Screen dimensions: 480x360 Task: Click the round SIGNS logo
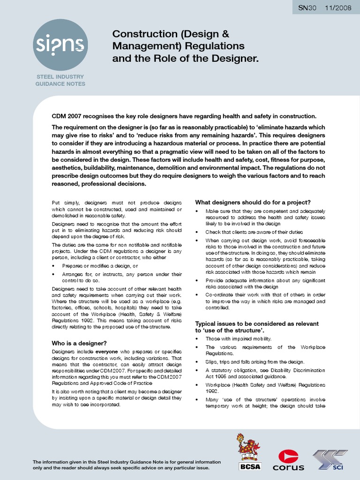coord(60,45)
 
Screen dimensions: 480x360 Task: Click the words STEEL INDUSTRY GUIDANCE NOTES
coord(60,80)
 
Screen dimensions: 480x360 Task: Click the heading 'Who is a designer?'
coord(79,343)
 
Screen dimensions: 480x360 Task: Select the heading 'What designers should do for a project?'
coord(253,202)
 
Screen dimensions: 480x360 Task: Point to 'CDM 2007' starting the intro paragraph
coord(66,116)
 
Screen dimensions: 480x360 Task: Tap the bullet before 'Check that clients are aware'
coord(197,232)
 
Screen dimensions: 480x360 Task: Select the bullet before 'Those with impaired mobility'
coord(197,338)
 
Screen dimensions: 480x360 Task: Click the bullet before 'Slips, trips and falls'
coord(197,362)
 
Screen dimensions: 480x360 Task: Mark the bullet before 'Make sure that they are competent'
coord(197,211)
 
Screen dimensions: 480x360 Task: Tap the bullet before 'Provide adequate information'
coord(197,280)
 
